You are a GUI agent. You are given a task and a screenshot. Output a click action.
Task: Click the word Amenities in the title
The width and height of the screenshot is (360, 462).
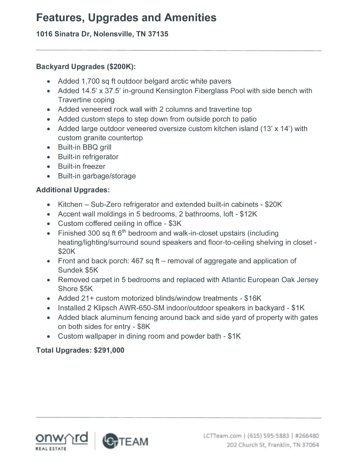point(190,18)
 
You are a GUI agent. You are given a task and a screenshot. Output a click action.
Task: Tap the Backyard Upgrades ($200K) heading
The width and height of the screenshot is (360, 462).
point(86,67)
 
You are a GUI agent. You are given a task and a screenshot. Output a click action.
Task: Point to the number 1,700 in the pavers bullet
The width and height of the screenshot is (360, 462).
point(90,81)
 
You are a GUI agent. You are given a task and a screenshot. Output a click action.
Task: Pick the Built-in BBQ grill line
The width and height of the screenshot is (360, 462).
point(85,147)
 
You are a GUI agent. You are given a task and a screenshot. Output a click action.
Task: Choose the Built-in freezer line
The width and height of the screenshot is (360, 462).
point(81,166)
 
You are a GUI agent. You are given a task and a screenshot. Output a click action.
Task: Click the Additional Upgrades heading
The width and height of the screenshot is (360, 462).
point(73,190)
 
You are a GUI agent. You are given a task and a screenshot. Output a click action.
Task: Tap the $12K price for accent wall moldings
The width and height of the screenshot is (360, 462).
point(248,214)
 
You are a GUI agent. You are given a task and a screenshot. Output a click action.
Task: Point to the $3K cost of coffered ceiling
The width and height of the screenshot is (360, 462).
point(175,224)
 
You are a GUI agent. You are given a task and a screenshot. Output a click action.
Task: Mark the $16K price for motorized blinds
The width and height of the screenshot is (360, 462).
point(253,298)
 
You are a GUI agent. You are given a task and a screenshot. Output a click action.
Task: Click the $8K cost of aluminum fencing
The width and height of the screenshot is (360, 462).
point(144,327)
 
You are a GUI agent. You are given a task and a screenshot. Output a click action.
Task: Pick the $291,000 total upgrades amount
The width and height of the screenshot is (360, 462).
point(109,350)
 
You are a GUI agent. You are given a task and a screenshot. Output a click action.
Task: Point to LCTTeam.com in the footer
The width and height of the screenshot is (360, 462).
point(222,436)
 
